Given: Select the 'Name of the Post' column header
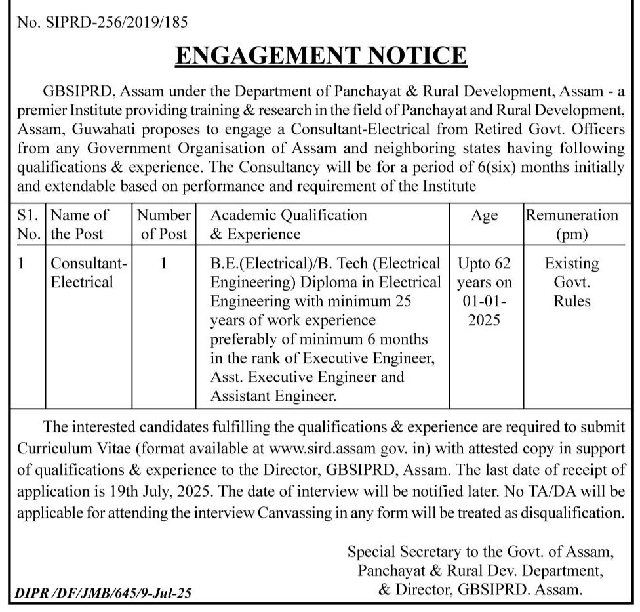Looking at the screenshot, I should point(79,224).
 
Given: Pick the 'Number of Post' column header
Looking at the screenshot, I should point(165,224).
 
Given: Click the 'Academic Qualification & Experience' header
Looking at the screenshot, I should point(289,224).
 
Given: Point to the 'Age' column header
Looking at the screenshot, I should point(485,215).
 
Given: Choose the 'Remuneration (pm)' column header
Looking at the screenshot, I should point(571,224).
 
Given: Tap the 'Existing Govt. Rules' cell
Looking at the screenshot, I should point(571,282).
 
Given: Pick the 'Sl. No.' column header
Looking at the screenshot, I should point(29,224).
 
